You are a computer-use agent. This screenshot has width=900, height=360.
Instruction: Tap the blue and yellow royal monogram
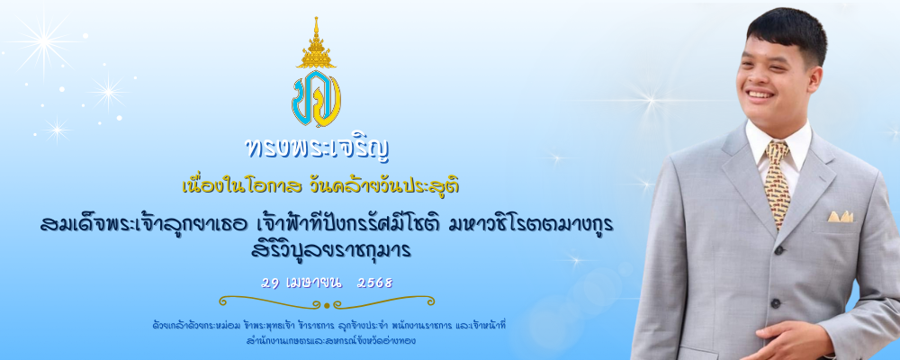316,98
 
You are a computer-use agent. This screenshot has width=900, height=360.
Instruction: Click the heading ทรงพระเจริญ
317,148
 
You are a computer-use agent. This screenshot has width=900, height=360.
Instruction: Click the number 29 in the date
269,283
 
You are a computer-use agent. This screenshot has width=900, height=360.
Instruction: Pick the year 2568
374,283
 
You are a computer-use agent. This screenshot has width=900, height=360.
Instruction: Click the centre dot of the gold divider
327,305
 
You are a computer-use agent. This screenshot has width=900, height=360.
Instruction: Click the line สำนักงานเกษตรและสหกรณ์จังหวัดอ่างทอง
329,340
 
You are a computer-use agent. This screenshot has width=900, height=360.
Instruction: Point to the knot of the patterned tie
778,151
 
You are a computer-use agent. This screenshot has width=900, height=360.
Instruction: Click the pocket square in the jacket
840,217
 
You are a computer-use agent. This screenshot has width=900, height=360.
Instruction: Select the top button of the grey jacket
778,250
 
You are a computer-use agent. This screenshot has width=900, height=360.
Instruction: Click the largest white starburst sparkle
43,41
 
